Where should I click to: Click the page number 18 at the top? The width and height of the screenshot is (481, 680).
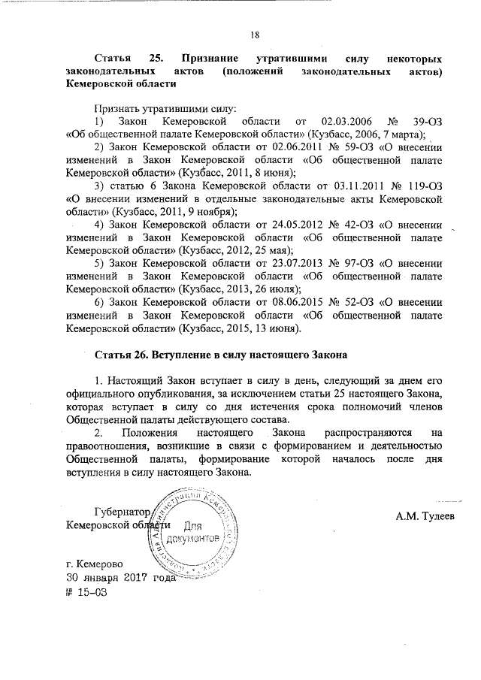coord(255,33)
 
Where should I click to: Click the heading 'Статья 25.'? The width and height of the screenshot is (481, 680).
coord(125,58)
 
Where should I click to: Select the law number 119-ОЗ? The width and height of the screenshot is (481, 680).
coord(434,186)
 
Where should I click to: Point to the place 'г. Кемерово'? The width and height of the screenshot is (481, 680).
coord(94,564)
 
